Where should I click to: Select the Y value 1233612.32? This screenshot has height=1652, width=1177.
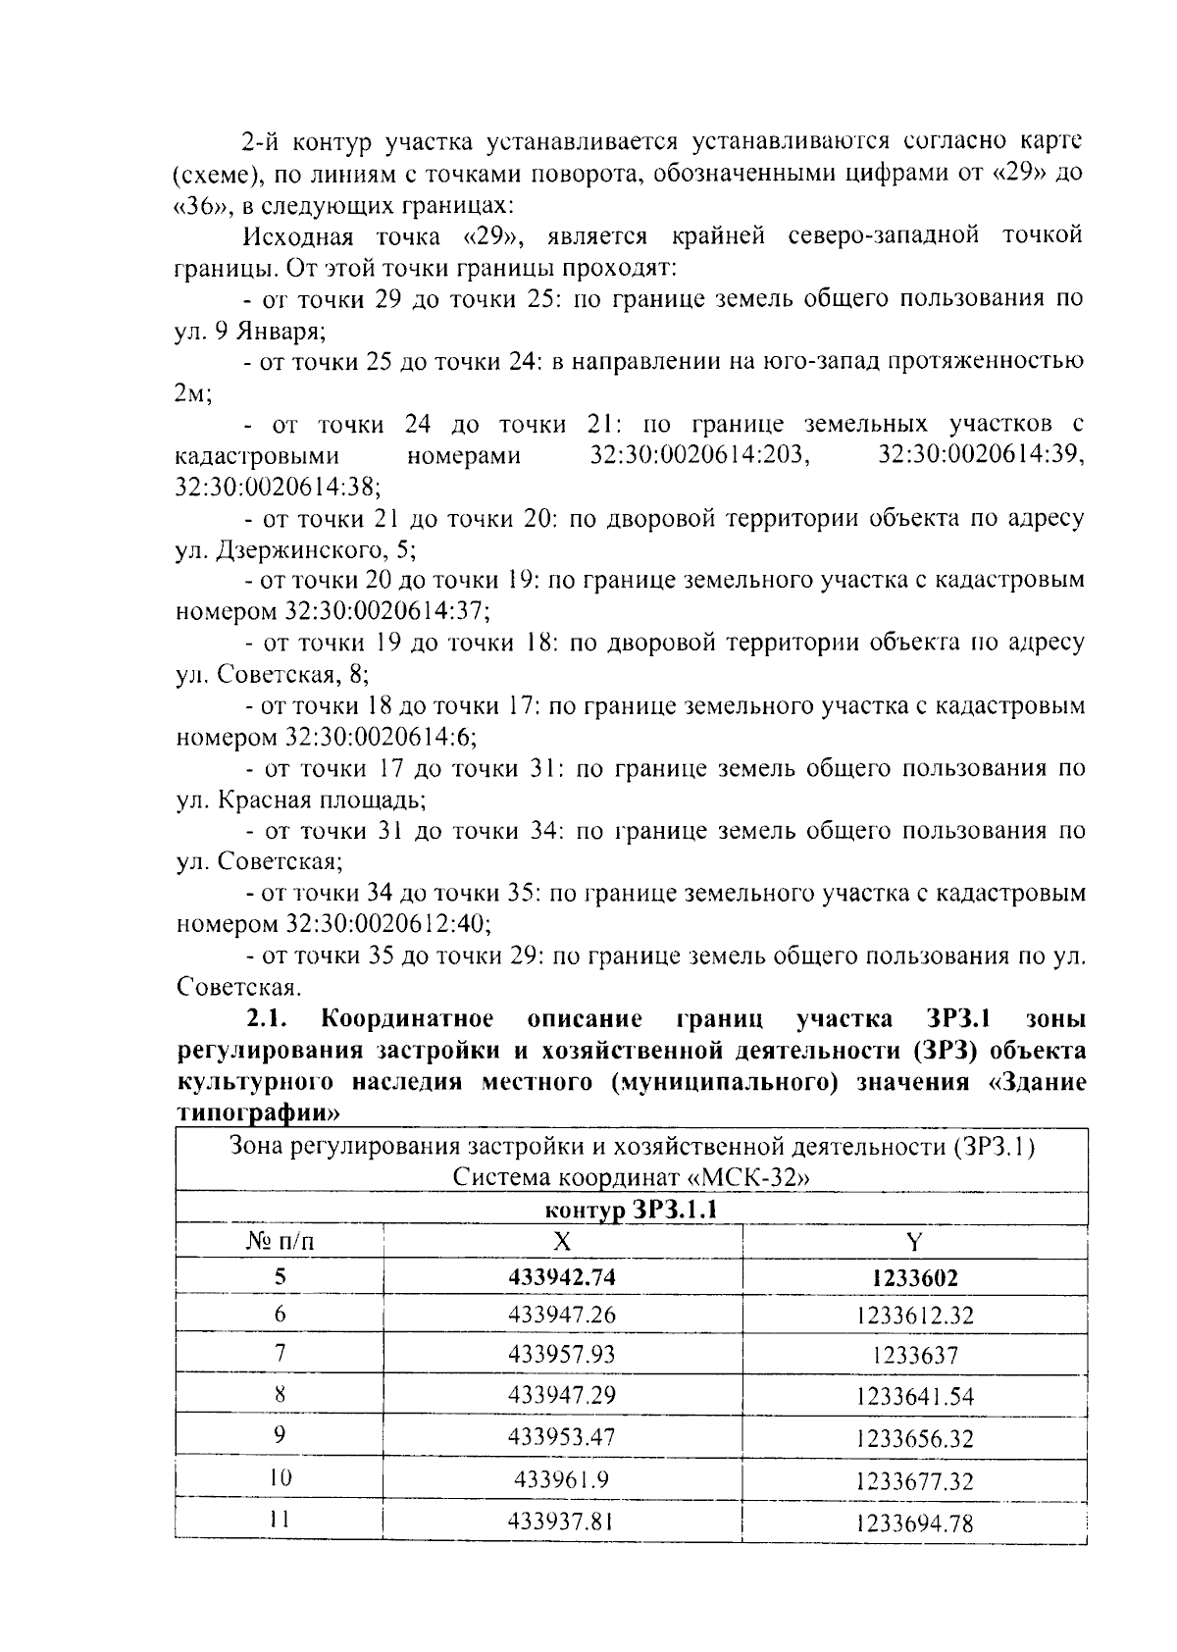[x=914, y=1316]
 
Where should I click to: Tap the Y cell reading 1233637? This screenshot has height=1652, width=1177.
[x=914, y=1356]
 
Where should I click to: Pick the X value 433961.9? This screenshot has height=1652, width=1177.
[x=562, y=1479]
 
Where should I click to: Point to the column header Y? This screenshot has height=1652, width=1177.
[x=914, y=1242]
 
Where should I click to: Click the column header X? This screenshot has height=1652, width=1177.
[x=562, y=1242]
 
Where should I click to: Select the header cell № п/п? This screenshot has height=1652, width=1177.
[x=280, y=1243]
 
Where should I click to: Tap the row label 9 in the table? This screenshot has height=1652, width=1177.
[x=280, y=1435]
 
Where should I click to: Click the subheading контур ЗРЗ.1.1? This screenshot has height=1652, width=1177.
[x=631, y=1210]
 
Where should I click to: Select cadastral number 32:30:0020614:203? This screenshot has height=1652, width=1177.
[x=700, y=456]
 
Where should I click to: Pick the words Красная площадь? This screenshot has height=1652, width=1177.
[x=321, y=800]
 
